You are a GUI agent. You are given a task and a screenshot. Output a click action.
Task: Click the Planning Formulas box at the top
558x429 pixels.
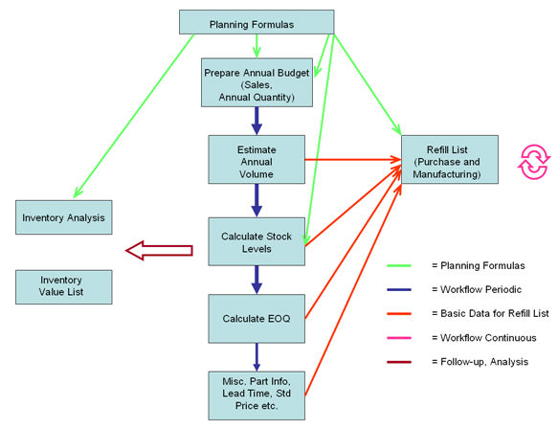pos(257,23)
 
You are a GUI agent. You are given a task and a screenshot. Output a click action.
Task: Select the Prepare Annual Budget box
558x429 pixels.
pos(256,81)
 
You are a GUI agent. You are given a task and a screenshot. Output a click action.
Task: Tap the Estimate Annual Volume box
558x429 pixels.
pos(256,160)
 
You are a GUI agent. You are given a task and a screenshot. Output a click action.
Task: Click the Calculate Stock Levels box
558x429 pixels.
pos(256,241)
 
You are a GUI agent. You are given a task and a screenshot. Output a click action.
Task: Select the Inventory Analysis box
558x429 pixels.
pos(64,217)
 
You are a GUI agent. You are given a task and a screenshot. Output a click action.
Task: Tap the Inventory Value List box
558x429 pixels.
pos(64,285)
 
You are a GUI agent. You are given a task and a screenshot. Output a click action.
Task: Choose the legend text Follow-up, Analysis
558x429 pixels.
pos(479,362)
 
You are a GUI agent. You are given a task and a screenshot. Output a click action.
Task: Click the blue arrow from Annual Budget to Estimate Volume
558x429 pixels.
pos(257,120)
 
